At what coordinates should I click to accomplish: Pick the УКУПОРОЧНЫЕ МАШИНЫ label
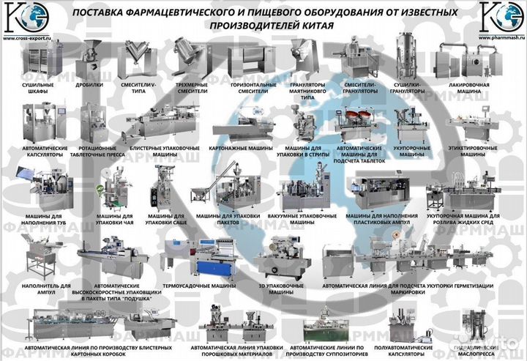click(x=413, y=152)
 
